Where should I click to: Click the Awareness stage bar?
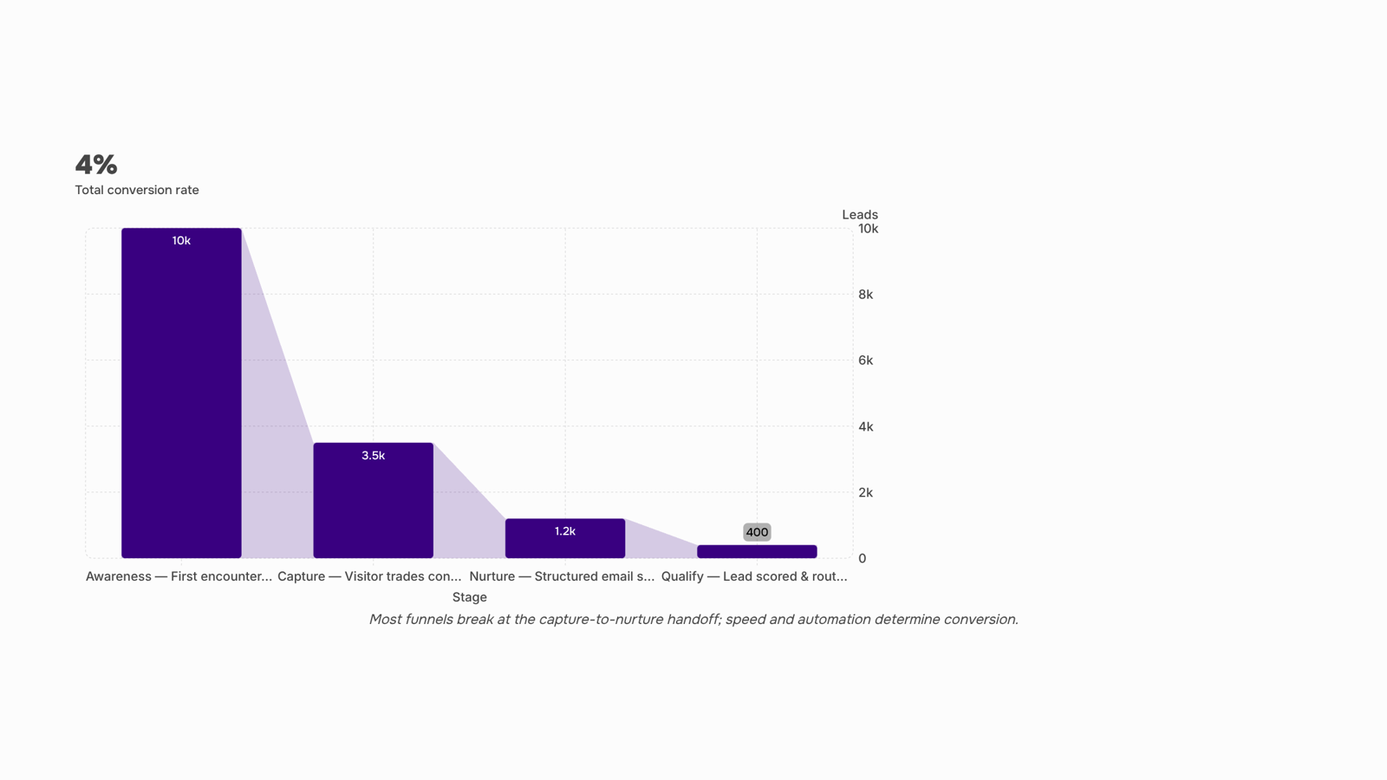click(x=181, y=393)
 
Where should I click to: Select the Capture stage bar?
click(x=374, y=500)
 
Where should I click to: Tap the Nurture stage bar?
click(x=565, y=538)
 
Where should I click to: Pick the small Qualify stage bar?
click(x=758, y=551)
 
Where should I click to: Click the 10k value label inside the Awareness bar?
click(x=181, y=241)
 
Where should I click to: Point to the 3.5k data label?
click(x=374, y=456)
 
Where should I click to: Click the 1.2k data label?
click(x=565, y=532)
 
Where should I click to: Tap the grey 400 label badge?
click(x=758, y=532)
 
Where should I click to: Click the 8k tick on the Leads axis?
click(x=866, y=295)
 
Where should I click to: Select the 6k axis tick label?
click(x=866, y=361)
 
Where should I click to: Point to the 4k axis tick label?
click(x=866, y=426)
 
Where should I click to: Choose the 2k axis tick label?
click(x=866, y=493)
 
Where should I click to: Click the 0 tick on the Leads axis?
click(x=862, y=558)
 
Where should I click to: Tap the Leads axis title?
click(x=860, y=215)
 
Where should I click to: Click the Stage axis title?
click(x=469, y=597)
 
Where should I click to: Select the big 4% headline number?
click(x=96, y=165)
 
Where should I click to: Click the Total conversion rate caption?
click(x=137, y=190)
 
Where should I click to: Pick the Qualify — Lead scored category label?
click(x=754, y=576)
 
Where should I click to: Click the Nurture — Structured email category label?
click(x=562, y=576)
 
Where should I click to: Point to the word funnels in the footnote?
click(x=428, y=620)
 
